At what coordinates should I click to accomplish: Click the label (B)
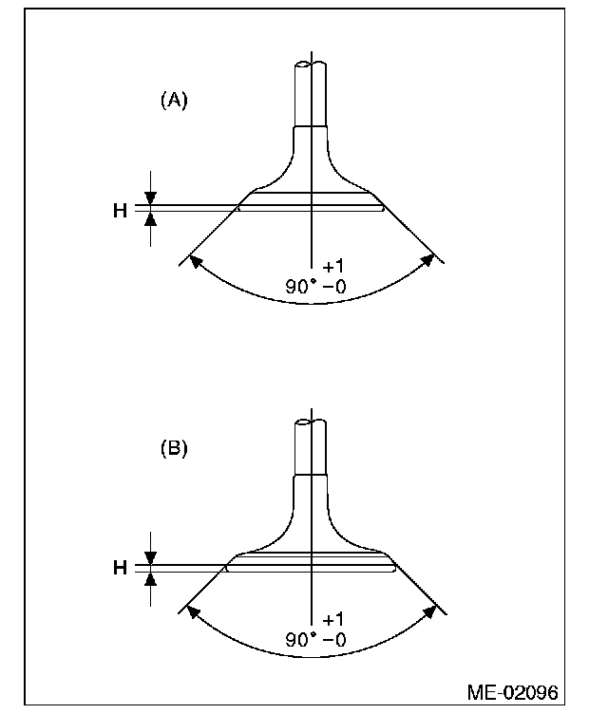click(174, 447)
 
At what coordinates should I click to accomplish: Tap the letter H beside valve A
click(120, 211)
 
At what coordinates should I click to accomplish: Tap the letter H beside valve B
click(120, 568)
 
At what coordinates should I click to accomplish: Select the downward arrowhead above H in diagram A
click(149, 198)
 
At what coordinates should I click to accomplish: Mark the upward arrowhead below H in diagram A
click(149, 219)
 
